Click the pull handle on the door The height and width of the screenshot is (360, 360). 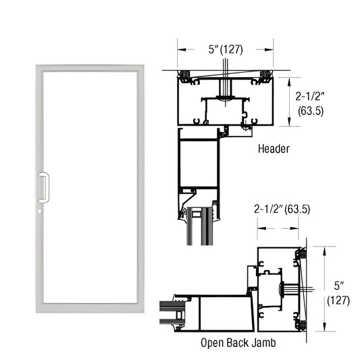click(x=45, y=187)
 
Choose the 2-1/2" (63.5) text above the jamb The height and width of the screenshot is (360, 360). click(x=282, y=209)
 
